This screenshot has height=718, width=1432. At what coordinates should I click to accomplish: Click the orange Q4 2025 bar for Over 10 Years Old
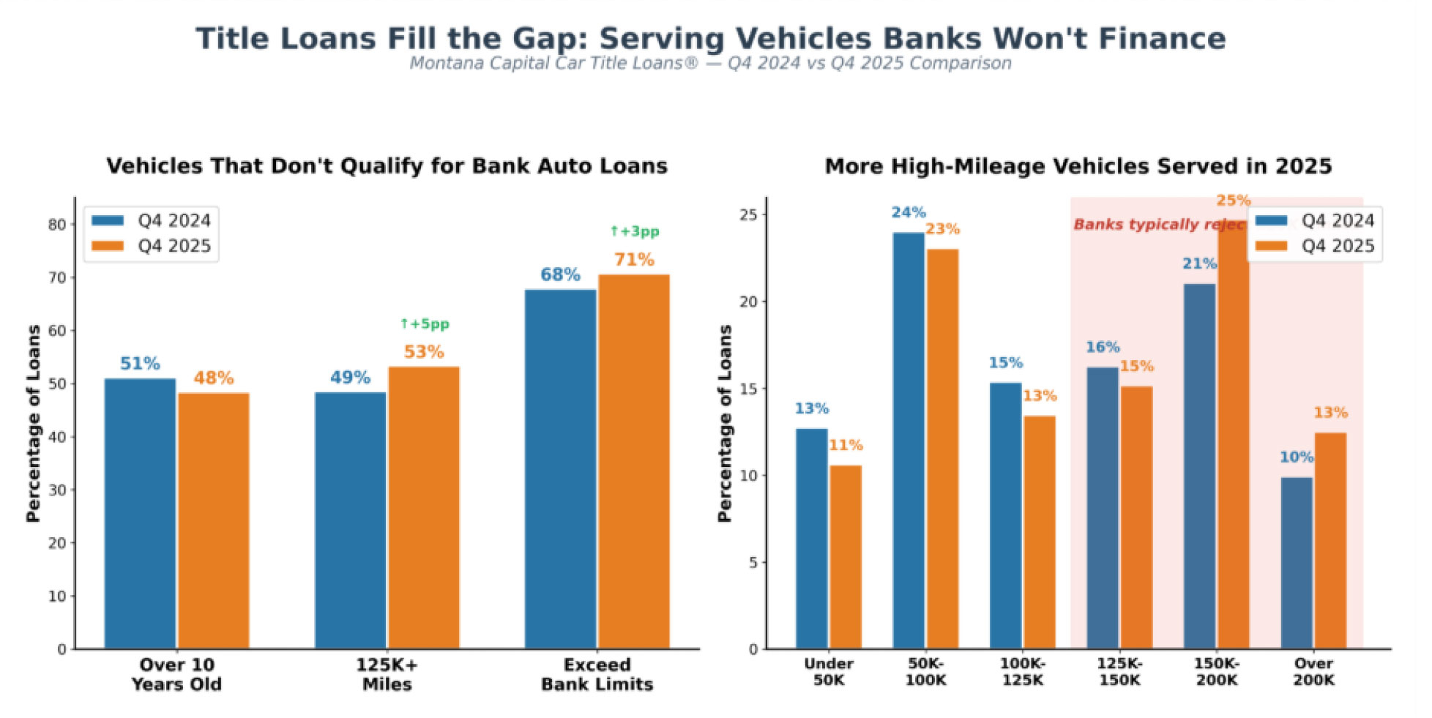click(213, 520)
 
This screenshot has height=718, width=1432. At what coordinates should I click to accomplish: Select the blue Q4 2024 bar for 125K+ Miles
click(350, 520)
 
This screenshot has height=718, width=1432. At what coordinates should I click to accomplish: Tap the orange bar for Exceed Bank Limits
click(633, 461)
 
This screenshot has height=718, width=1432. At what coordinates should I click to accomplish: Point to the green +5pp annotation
click(425, 324)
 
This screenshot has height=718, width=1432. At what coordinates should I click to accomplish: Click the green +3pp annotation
click(634, 231)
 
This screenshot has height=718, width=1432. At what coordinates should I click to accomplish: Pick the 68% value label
click(560, 274)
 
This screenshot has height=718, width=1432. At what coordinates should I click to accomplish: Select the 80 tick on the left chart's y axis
click(57, 225)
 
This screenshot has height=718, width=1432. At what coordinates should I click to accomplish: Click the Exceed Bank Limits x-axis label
click(597, 674)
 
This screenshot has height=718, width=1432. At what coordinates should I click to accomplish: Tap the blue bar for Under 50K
click(811, 539)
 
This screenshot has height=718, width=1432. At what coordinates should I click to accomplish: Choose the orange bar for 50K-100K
click(941, 449)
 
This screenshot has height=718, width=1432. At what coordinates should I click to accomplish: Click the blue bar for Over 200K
click(1296, 563)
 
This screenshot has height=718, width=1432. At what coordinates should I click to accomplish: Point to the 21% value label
click(1199, 263)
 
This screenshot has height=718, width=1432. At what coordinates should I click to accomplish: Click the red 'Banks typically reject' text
click(1159, 224)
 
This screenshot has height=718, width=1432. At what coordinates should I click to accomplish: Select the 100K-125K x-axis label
click(1022, 671)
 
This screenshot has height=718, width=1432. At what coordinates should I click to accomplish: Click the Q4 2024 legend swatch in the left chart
click(108, 220)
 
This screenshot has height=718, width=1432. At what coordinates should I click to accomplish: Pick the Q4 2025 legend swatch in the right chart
click(1271, 246)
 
